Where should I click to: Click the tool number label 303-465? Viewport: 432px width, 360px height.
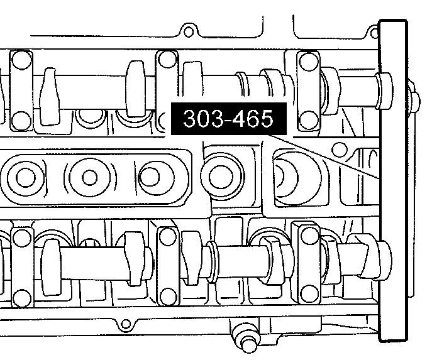[229, 119]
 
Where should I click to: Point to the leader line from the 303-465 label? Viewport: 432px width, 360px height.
[324, 156]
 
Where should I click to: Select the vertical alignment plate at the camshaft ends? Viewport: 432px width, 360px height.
[393, 181]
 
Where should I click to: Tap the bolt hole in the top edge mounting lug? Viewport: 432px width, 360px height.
[189, 32]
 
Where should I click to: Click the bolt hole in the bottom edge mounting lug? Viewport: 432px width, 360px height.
[126, 324]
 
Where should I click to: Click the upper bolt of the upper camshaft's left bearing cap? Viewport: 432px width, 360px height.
[22, 60]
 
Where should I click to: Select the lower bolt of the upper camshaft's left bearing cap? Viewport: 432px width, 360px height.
[21, 121]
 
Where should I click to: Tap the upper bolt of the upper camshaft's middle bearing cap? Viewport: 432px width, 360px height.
[167, 59]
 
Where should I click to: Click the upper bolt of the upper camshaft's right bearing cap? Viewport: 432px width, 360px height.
[309, 62]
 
